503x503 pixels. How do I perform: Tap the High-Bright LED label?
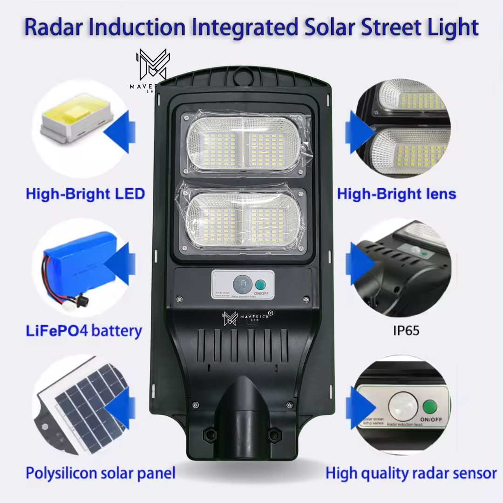pos(85,193)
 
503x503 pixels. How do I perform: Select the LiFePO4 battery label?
pos(84,331)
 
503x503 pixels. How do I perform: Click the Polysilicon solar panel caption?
pos(101,473)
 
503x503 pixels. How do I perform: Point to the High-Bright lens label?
pos(396,193)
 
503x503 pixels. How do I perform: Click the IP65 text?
pos(406,331)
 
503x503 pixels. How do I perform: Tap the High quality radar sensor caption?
pos(411,474)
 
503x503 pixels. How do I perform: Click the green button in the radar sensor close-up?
pos(430,407)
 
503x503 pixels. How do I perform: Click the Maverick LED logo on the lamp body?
pos(247,318)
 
